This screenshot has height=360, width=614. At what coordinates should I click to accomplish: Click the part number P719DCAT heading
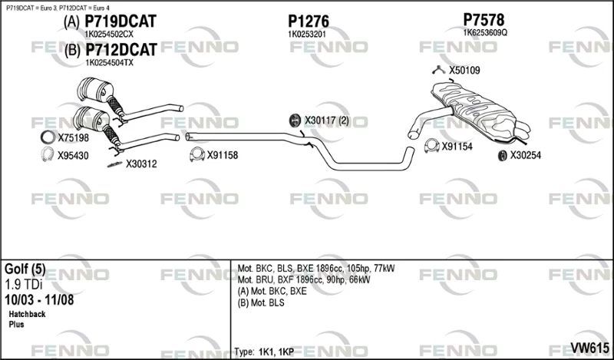(120, 21)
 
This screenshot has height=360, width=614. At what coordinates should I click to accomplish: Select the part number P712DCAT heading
(121, 50)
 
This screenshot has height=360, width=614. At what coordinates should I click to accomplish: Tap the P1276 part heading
(309, 21)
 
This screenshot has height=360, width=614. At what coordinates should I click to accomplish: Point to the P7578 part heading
(484, 20)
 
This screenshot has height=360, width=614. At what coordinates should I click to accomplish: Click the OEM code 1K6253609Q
(485, 33)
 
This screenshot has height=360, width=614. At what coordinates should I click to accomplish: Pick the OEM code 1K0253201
(306, 35)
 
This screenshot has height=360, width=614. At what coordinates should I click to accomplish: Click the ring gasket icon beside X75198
(48, 137)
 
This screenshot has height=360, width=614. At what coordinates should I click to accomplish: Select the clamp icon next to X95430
(48, 154)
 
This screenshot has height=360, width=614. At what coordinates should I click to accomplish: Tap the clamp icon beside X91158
(197, 154)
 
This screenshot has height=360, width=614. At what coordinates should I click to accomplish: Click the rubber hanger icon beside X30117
(295, 121)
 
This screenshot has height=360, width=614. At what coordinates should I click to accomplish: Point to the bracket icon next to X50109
(438, 70)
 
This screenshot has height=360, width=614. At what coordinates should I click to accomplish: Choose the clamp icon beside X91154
(431, 146)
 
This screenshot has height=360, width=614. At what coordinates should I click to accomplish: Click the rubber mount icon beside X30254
(502, 156)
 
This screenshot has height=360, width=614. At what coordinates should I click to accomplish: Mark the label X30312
(141, 164)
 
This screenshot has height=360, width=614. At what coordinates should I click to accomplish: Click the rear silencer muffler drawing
(480, 110)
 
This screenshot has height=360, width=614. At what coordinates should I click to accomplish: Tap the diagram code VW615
(589, 348)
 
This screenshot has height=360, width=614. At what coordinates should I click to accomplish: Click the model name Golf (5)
(25, 269)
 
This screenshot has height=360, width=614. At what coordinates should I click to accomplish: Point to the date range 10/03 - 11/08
(39, 300)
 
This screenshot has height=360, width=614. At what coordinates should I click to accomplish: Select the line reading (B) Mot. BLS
(261, 302)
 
